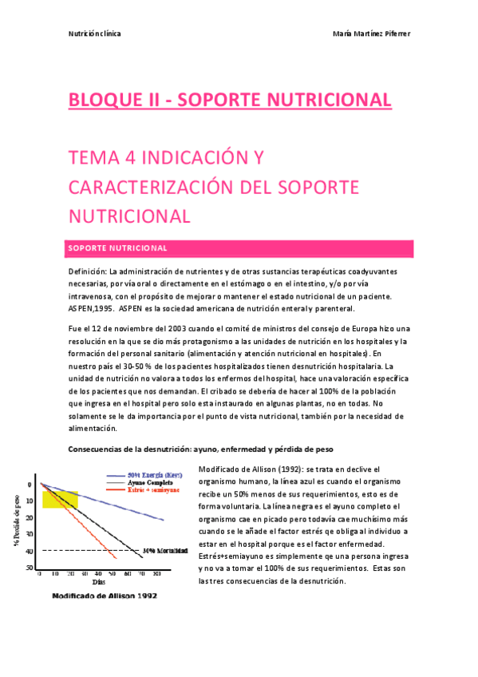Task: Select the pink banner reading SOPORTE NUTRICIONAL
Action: (239, 248)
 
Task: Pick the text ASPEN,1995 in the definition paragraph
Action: (92, 309)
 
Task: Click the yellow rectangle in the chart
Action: (61, 500)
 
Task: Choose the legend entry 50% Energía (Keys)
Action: (156, 475)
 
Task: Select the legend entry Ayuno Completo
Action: (152, 483)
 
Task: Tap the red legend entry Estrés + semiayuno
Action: (153, 490)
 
